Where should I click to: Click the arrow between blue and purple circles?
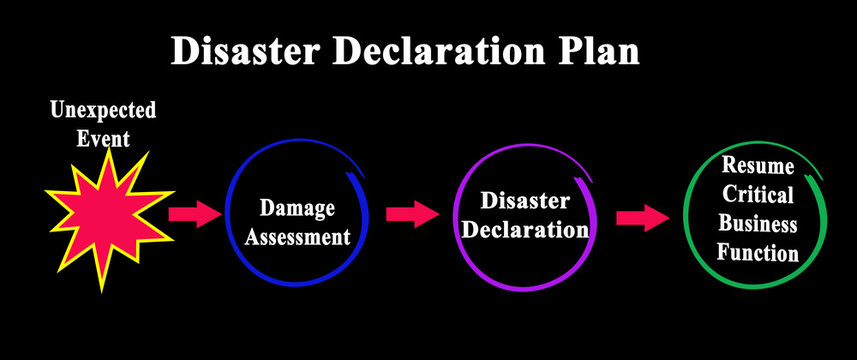[x=411, y=212]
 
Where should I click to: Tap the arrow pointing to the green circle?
[x=641, y=217]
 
